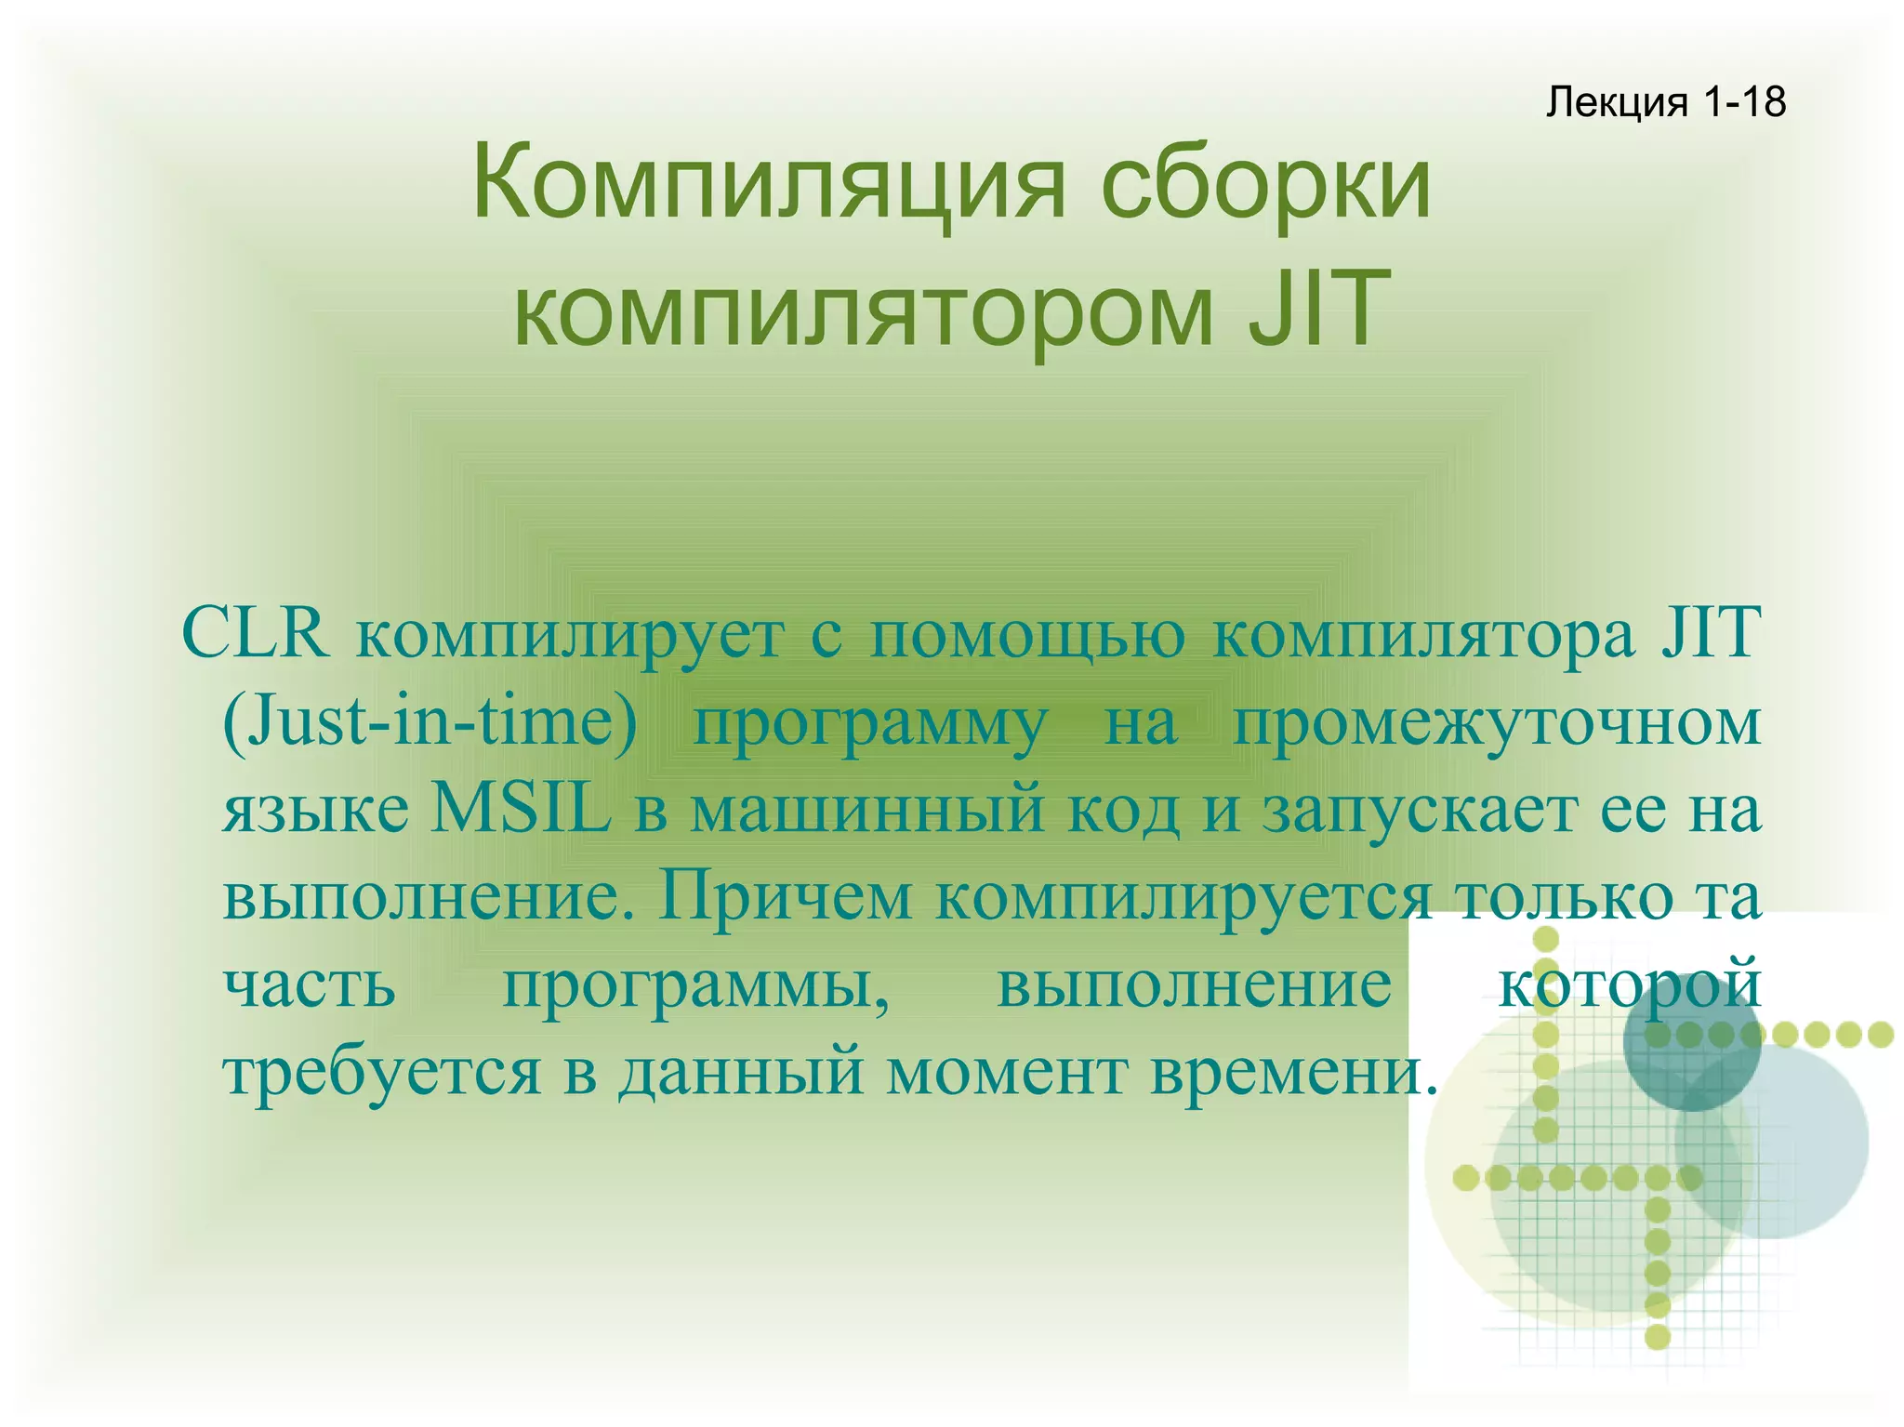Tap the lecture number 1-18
tap(1745, 101)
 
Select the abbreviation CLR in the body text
tap(255, 633)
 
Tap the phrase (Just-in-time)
tap(430, 721)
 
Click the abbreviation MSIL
tap(522, 809)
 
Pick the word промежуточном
tap(1497, 723)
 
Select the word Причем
tap(785, 897)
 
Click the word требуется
tap(382, 1074)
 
